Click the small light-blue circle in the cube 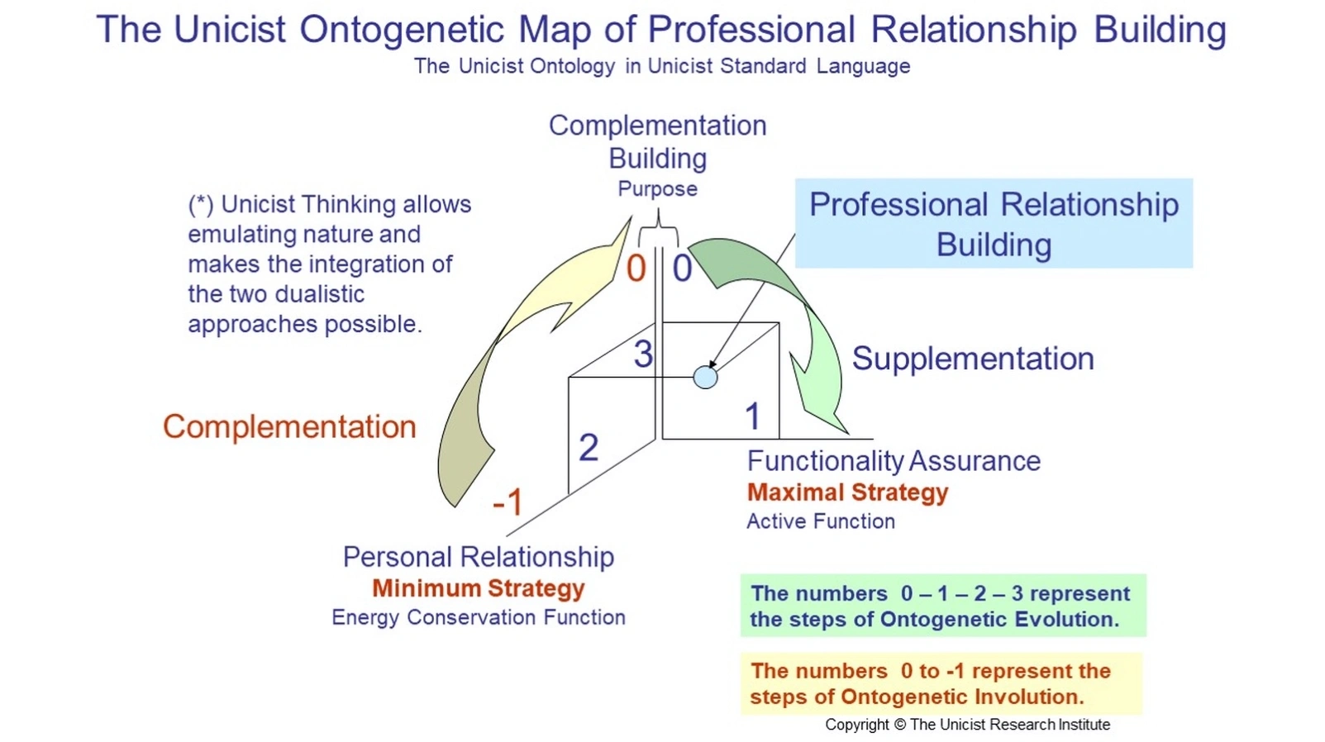tap(705, 378)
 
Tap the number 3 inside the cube tap(643, 354)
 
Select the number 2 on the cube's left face tap(589, 448)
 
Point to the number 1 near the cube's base tap(752, 416)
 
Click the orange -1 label tap(508, 502)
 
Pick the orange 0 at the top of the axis tap(636, 269)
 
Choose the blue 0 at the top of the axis tap(682, 269)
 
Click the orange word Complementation tap(289, 426)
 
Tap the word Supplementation tap(973, 359)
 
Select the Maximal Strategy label tap(847, 492)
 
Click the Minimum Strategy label tap(478, 588)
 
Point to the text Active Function tap(820, 521)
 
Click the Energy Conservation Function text tap(478, 617)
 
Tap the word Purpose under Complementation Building tap(657, 189)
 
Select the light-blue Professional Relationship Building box tap(994, 224)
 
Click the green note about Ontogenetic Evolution tap(942, 606)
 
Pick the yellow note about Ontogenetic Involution tap(941, 683)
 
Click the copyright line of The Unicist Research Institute tap(967, 725)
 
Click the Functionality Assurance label tap(894, 461)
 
